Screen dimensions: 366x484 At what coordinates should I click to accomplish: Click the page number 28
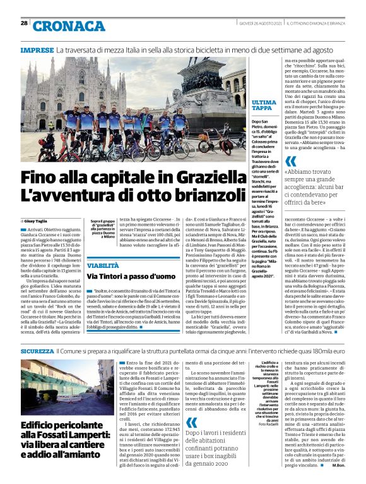click(x=24, y=23)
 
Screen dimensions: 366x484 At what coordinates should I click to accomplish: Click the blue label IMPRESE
click(x=37, y=49)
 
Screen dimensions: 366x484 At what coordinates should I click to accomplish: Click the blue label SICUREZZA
click(x=37, y=349)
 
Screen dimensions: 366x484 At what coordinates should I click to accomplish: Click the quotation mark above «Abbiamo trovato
click(x=273, y=160)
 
